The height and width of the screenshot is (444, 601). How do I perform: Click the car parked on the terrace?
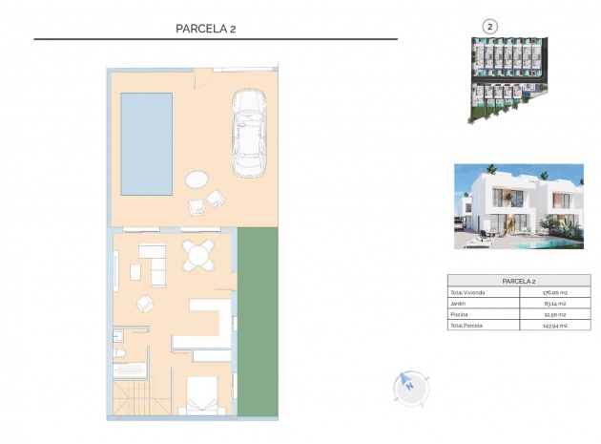coord(249,134)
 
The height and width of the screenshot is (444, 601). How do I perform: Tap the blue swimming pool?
coord(146,141)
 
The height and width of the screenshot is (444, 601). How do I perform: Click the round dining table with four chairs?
coord(198,256)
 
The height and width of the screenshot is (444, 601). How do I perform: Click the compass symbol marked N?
coord(407,386)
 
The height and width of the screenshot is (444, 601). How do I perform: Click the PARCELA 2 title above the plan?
coord(205,28)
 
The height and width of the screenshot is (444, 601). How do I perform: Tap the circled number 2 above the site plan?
coord(490,27)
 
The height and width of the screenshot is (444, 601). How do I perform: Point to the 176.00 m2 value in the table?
coord(554,292)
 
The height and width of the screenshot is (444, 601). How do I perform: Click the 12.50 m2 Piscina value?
coord(554,314)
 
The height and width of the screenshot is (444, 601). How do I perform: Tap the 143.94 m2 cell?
coord(554,326)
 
